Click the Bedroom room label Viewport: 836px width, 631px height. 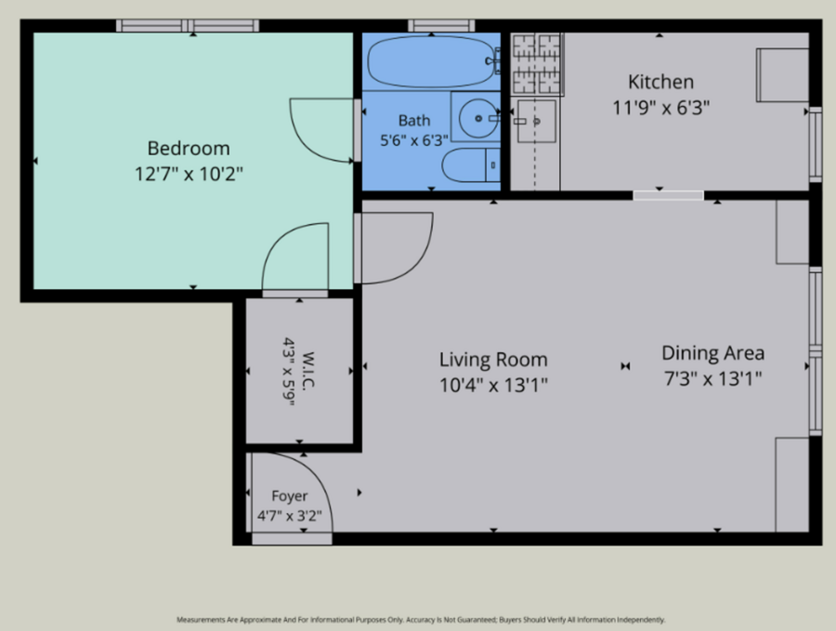(189, 149)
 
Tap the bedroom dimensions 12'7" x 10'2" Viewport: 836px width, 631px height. (189, 174)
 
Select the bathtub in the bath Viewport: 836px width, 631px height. (434, 61)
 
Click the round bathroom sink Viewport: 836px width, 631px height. (478, 118)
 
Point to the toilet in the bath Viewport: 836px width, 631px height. (471, 164)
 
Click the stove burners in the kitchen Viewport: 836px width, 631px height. (537, 63)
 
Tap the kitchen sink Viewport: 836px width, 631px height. (536, 122)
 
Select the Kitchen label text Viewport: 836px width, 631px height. (660, 82)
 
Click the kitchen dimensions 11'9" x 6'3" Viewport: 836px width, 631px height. (660, 108)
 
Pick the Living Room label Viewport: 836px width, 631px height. (493, 360)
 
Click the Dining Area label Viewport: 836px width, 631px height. (712, 353)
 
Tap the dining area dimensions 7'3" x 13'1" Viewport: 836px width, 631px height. (712, 379)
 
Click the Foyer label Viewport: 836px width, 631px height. (290, 496)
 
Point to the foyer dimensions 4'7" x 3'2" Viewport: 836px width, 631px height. (290, 516)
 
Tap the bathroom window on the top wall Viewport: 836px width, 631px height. (441, 25)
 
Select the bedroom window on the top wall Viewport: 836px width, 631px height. (188, 25)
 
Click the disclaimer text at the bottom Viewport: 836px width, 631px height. (421, 620)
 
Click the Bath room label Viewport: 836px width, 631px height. (414, 121)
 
